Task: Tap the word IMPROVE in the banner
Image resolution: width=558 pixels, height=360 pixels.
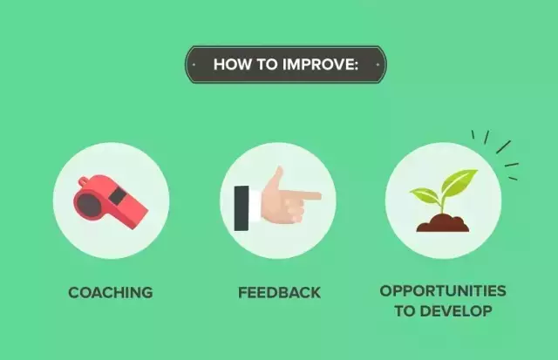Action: pos(320,65)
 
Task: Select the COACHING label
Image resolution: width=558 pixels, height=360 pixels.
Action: pos(111,292)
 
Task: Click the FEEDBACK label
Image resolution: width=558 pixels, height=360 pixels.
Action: pos(279,292)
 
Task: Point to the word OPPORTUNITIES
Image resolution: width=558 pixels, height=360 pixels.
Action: pos(443,290)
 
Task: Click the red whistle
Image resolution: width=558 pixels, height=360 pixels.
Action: pos(111,201)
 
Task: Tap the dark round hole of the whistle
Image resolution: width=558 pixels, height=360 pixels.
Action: pos(89,205)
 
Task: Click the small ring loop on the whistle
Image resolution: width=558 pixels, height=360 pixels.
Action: pos(84,182)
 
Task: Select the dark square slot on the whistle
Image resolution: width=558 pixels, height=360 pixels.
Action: pos(118,196)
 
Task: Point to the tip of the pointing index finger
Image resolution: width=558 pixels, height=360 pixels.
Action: pos(320,195)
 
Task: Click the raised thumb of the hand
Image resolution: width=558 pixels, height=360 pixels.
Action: pos(276,178)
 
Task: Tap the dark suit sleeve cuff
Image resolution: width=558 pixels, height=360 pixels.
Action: pos(242,208)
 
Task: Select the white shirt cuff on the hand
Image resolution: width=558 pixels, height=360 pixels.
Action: pos(255,207)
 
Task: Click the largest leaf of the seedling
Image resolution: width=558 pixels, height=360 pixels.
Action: pos(459,181)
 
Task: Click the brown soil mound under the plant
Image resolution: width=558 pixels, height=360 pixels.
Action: pos(442,223)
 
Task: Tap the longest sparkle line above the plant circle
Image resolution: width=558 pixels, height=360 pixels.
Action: pos(504,147)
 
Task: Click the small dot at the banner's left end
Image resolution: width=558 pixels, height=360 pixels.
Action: pos(194,65)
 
